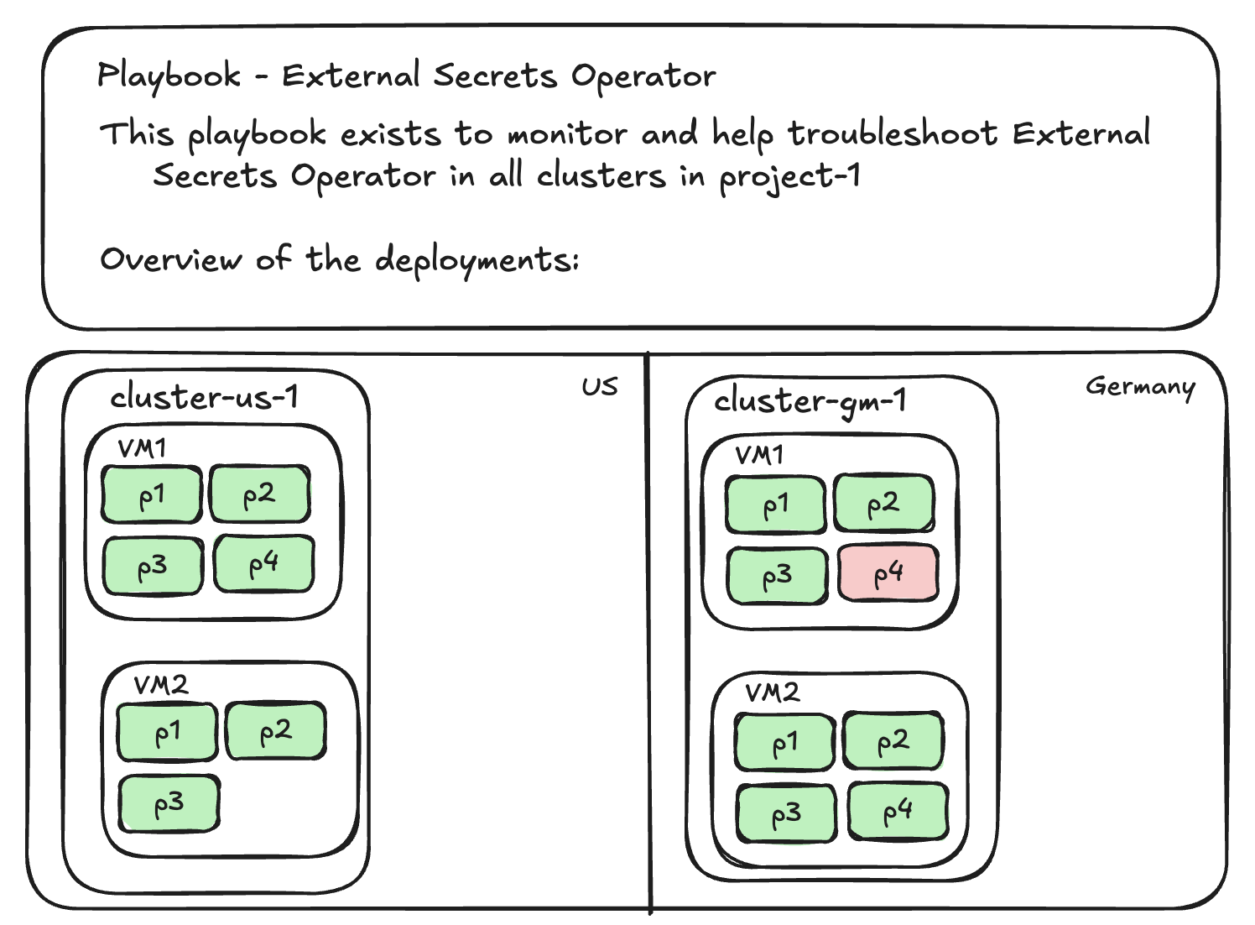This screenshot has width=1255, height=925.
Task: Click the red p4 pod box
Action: coord(888,573)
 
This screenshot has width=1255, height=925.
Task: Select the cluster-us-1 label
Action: coord(204,397)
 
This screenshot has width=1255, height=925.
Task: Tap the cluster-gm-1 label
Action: coord(810,401)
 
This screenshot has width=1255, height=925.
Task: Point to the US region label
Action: coord(599,387)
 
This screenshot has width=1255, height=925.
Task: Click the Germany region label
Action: coord(1140,386)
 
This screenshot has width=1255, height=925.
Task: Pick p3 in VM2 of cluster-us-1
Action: coord(169,804)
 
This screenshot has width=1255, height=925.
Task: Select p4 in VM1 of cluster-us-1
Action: coord(263,564)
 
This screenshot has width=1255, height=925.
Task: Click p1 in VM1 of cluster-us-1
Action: coord(152,495)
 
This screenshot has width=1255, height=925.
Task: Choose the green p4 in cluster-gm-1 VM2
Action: coord(898,812)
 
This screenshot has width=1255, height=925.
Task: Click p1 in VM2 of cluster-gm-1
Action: coord(784,743)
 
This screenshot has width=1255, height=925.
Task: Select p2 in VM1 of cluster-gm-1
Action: coord(883,504)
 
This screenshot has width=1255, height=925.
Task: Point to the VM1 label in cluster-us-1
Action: coord(142,448)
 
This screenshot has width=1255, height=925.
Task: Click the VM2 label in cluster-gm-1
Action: coord(772,692)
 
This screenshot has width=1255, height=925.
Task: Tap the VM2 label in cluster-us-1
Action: coord(161,685)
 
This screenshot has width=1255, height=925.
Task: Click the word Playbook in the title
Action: coord(169,76)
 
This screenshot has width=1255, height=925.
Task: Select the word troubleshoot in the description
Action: coord(892,134)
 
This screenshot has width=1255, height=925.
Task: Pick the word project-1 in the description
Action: coord(789,176)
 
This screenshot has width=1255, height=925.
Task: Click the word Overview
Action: coord(170,259)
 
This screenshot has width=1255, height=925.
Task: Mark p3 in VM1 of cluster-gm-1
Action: coord(777,576)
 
